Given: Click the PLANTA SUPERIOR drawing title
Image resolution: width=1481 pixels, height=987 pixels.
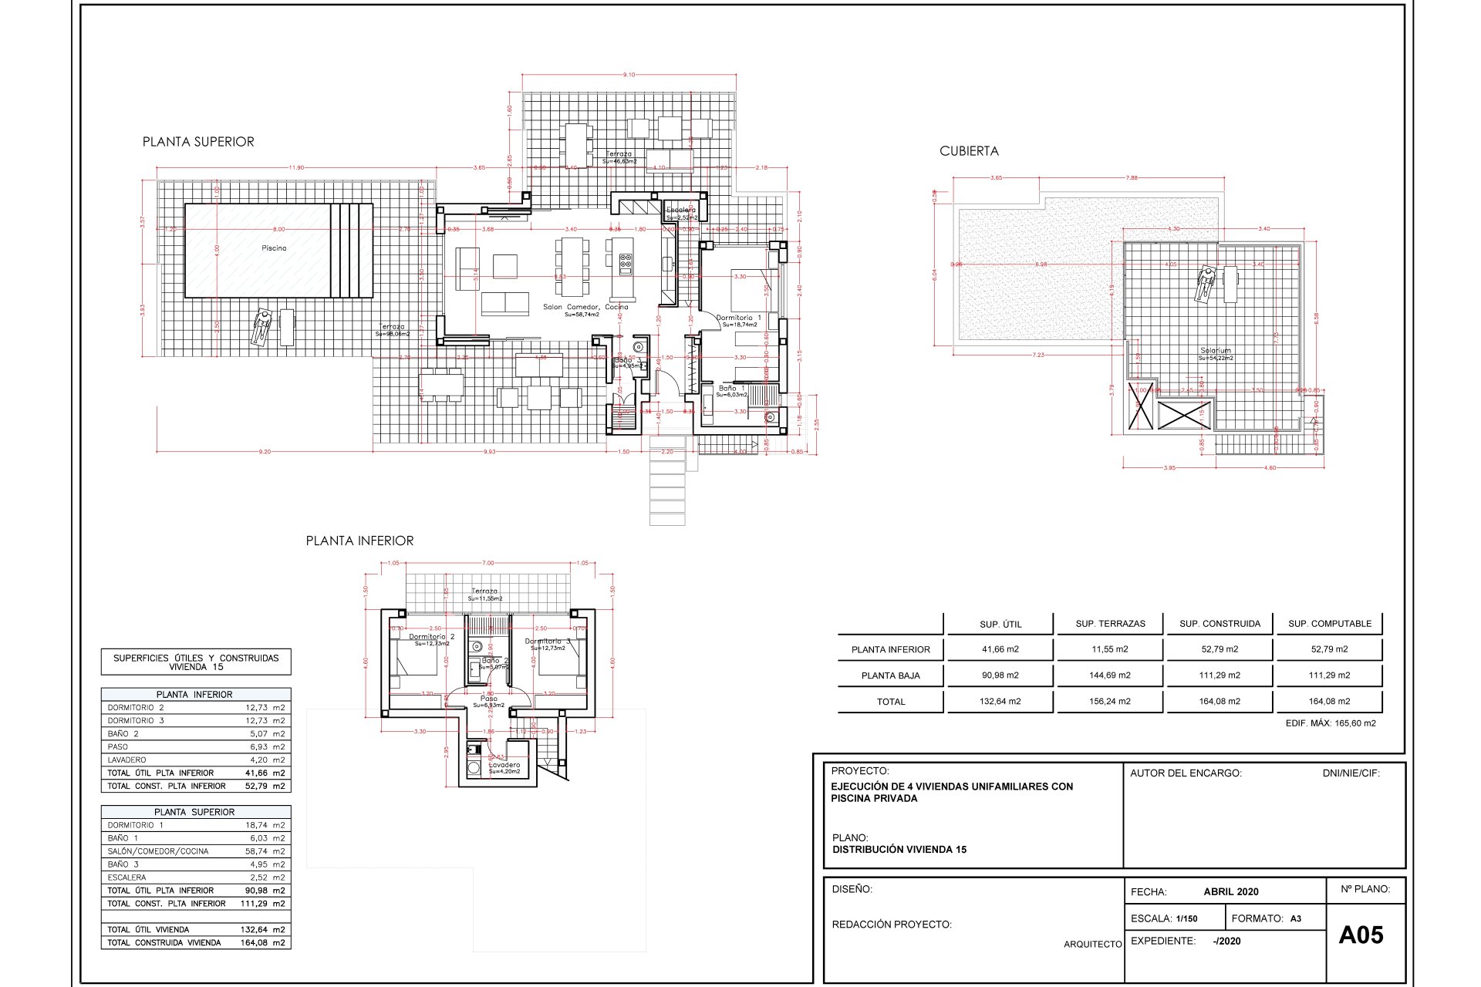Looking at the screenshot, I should (x=198, y=142).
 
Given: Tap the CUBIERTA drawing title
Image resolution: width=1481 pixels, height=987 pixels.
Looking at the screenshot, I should (x=969, y=151).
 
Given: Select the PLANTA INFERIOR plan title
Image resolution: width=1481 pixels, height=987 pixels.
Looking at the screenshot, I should (x=359, y=541).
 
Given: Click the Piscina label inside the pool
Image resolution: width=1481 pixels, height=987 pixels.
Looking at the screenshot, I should (x=274, y=248).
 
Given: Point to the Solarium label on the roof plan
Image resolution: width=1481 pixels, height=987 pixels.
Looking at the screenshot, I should (x=1216, y=351).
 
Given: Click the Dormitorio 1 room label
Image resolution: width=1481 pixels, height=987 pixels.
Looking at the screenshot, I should (x=738, y=318).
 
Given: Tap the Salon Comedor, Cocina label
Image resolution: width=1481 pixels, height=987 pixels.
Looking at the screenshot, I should (x=585, y=307).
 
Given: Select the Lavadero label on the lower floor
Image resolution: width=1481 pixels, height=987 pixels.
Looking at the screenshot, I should (x=504, y=765).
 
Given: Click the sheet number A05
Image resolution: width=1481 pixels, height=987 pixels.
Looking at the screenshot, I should (x=1361, y=935).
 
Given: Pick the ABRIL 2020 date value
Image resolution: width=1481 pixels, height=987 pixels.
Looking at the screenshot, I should (x=1230, y=891).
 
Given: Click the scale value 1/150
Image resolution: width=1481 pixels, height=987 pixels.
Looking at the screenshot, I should (x=1186, y=918).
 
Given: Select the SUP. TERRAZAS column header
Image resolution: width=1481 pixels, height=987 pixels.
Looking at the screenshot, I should (x=1110, y=624).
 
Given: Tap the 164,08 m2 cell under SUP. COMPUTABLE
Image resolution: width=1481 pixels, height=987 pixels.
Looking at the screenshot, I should (x=1330, y=702).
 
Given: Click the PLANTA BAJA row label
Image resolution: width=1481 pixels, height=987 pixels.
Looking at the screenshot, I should (x=890, y=675).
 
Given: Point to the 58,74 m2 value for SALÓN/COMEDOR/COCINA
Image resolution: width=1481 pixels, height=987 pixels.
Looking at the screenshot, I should (x=265, y=851).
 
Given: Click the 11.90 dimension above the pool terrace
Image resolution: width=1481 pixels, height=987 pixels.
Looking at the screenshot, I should (x=296, y=167).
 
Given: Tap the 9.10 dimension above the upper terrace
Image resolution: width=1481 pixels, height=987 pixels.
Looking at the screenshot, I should (x=629, y=75).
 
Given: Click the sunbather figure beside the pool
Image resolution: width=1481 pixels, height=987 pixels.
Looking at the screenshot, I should (x=262, y=327).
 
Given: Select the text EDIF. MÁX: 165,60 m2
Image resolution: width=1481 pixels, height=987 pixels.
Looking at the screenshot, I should (x=1331, y=723).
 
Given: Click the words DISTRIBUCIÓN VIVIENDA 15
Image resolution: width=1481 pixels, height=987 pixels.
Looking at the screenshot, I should (x=899, y=850).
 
